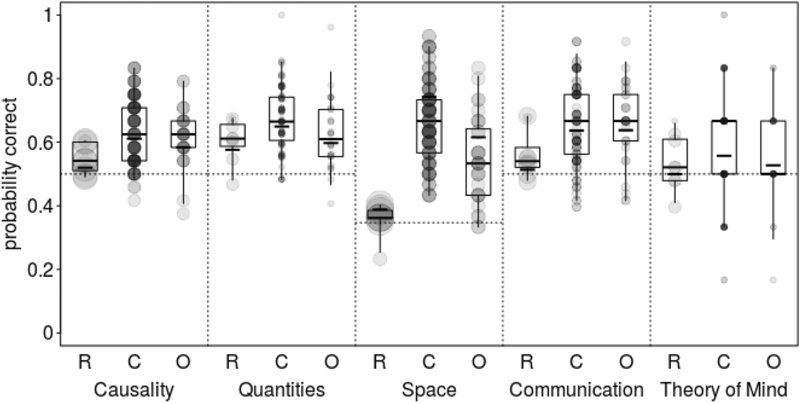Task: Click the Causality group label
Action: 133,389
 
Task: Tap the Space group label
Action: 429,389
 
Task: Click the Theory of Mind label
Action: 723,389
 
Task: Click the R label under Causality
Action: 85,364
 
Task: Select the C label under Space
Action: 429,364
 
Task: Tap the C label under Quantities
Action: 281,364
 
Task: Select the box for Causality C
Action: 134,134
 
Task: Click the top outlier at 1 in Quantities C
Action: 281,15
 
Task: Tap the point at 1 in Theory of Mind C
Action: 723,15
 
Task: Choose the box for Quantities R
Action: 232,135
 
